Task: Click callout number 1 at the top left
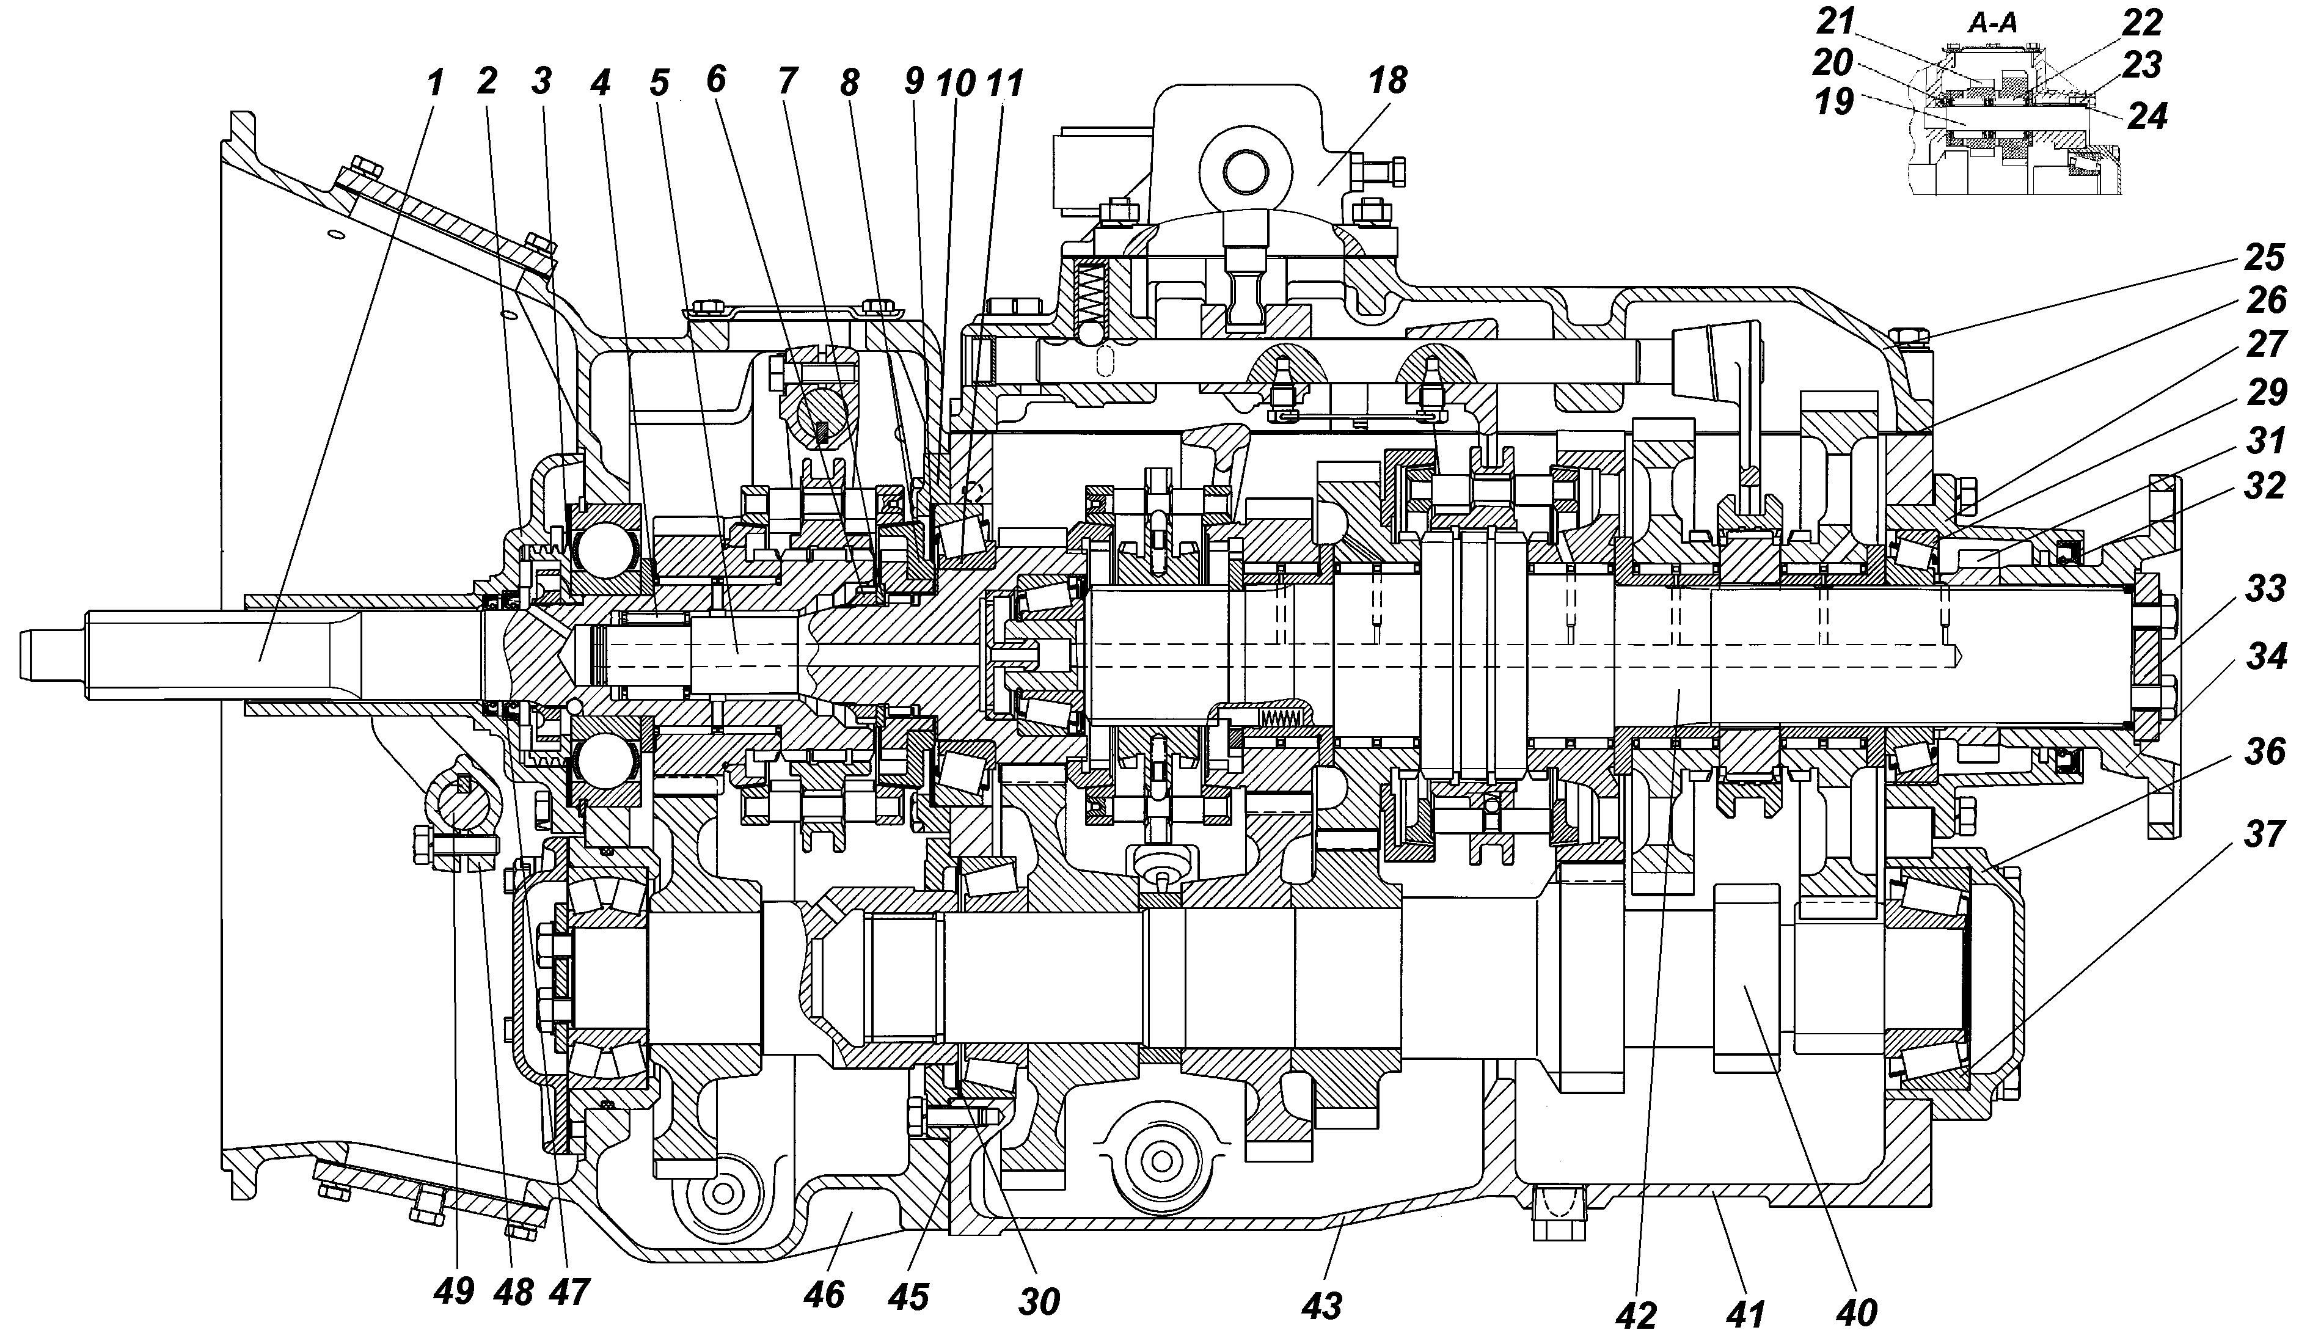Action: click(435, 83)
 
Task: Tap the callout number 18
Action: click(1387, 81)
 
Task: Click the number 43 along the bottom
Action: click(1322, 1306)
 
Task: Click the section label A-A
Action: click(1992, 24)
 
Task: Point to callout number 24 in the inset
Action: click(2147, 116)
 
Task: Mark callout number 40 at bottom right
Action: click(1855, 1311)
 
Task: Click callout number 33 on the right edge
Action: click(2265, 588)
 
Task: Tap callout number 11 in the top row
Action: click(1004, 84)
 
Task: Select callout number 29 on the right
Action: click(2265, 392)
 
